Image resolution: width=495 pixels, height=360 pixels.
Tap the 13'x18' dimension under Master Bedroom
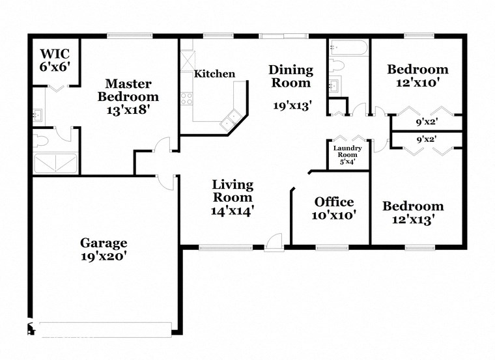[128, 110]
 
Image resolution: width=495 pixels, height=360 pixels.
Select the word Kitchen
[214, 74]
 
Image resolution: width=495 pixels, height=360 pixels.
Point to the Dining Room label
[291, 76]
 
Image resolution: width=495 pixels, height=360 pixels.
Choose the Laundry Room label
[348, 155]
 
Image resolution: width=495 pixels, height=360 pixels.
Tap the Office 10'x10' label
[334, 208]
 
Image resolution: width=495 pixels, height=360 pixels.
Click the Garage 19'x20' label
[104, 249]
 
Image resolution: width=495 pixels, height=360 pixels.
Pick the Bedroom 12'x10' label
[417, 76]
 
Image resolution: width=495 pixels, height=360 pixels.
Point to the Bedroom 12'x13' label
[413, 213]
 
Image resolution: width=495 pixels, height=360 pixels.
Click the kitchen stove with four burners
[187, 99]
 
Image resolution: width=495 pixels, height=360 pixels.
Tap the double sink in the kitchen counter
[229, 118]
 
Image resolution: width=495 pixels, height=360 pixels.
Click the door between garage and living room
[167, 182]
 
